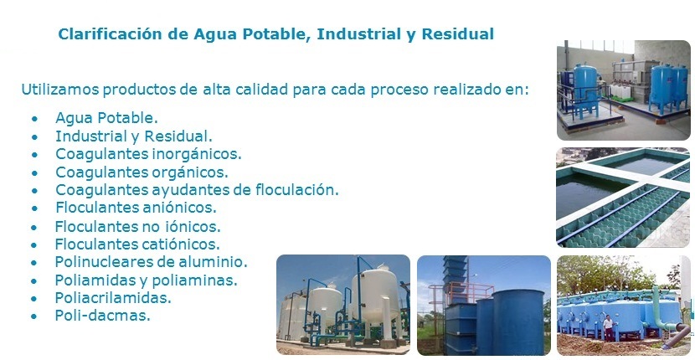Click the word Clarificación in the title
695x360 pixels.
(x=111, y=34)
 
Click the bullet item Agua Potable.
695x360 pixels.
(x=106, y=118)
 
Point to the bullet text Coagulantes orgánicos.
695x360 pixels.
(x=142, y=172)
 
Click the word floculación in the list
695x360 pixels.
(x=297, y=190)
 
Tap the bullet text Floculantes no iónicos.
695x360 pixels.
(x=138, y=227)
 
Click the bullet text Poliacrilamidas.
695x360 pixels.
(x=113, y=298)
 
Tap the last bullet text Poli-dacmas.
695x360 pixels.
(x=103, y=316)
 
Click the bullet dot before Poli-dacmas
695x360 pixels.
(x=34, y=316)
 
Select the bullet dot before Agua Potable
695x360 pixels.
(x=34, y=119)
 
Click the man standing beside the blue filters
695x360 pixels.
(x=608, y=328)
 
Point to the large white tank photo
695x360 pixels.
(x=343, y=305)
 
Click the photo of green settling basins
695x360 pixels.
(x=623, y=198)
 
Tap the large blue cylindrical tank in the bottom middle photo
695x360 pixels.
(x=517, y=321)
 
